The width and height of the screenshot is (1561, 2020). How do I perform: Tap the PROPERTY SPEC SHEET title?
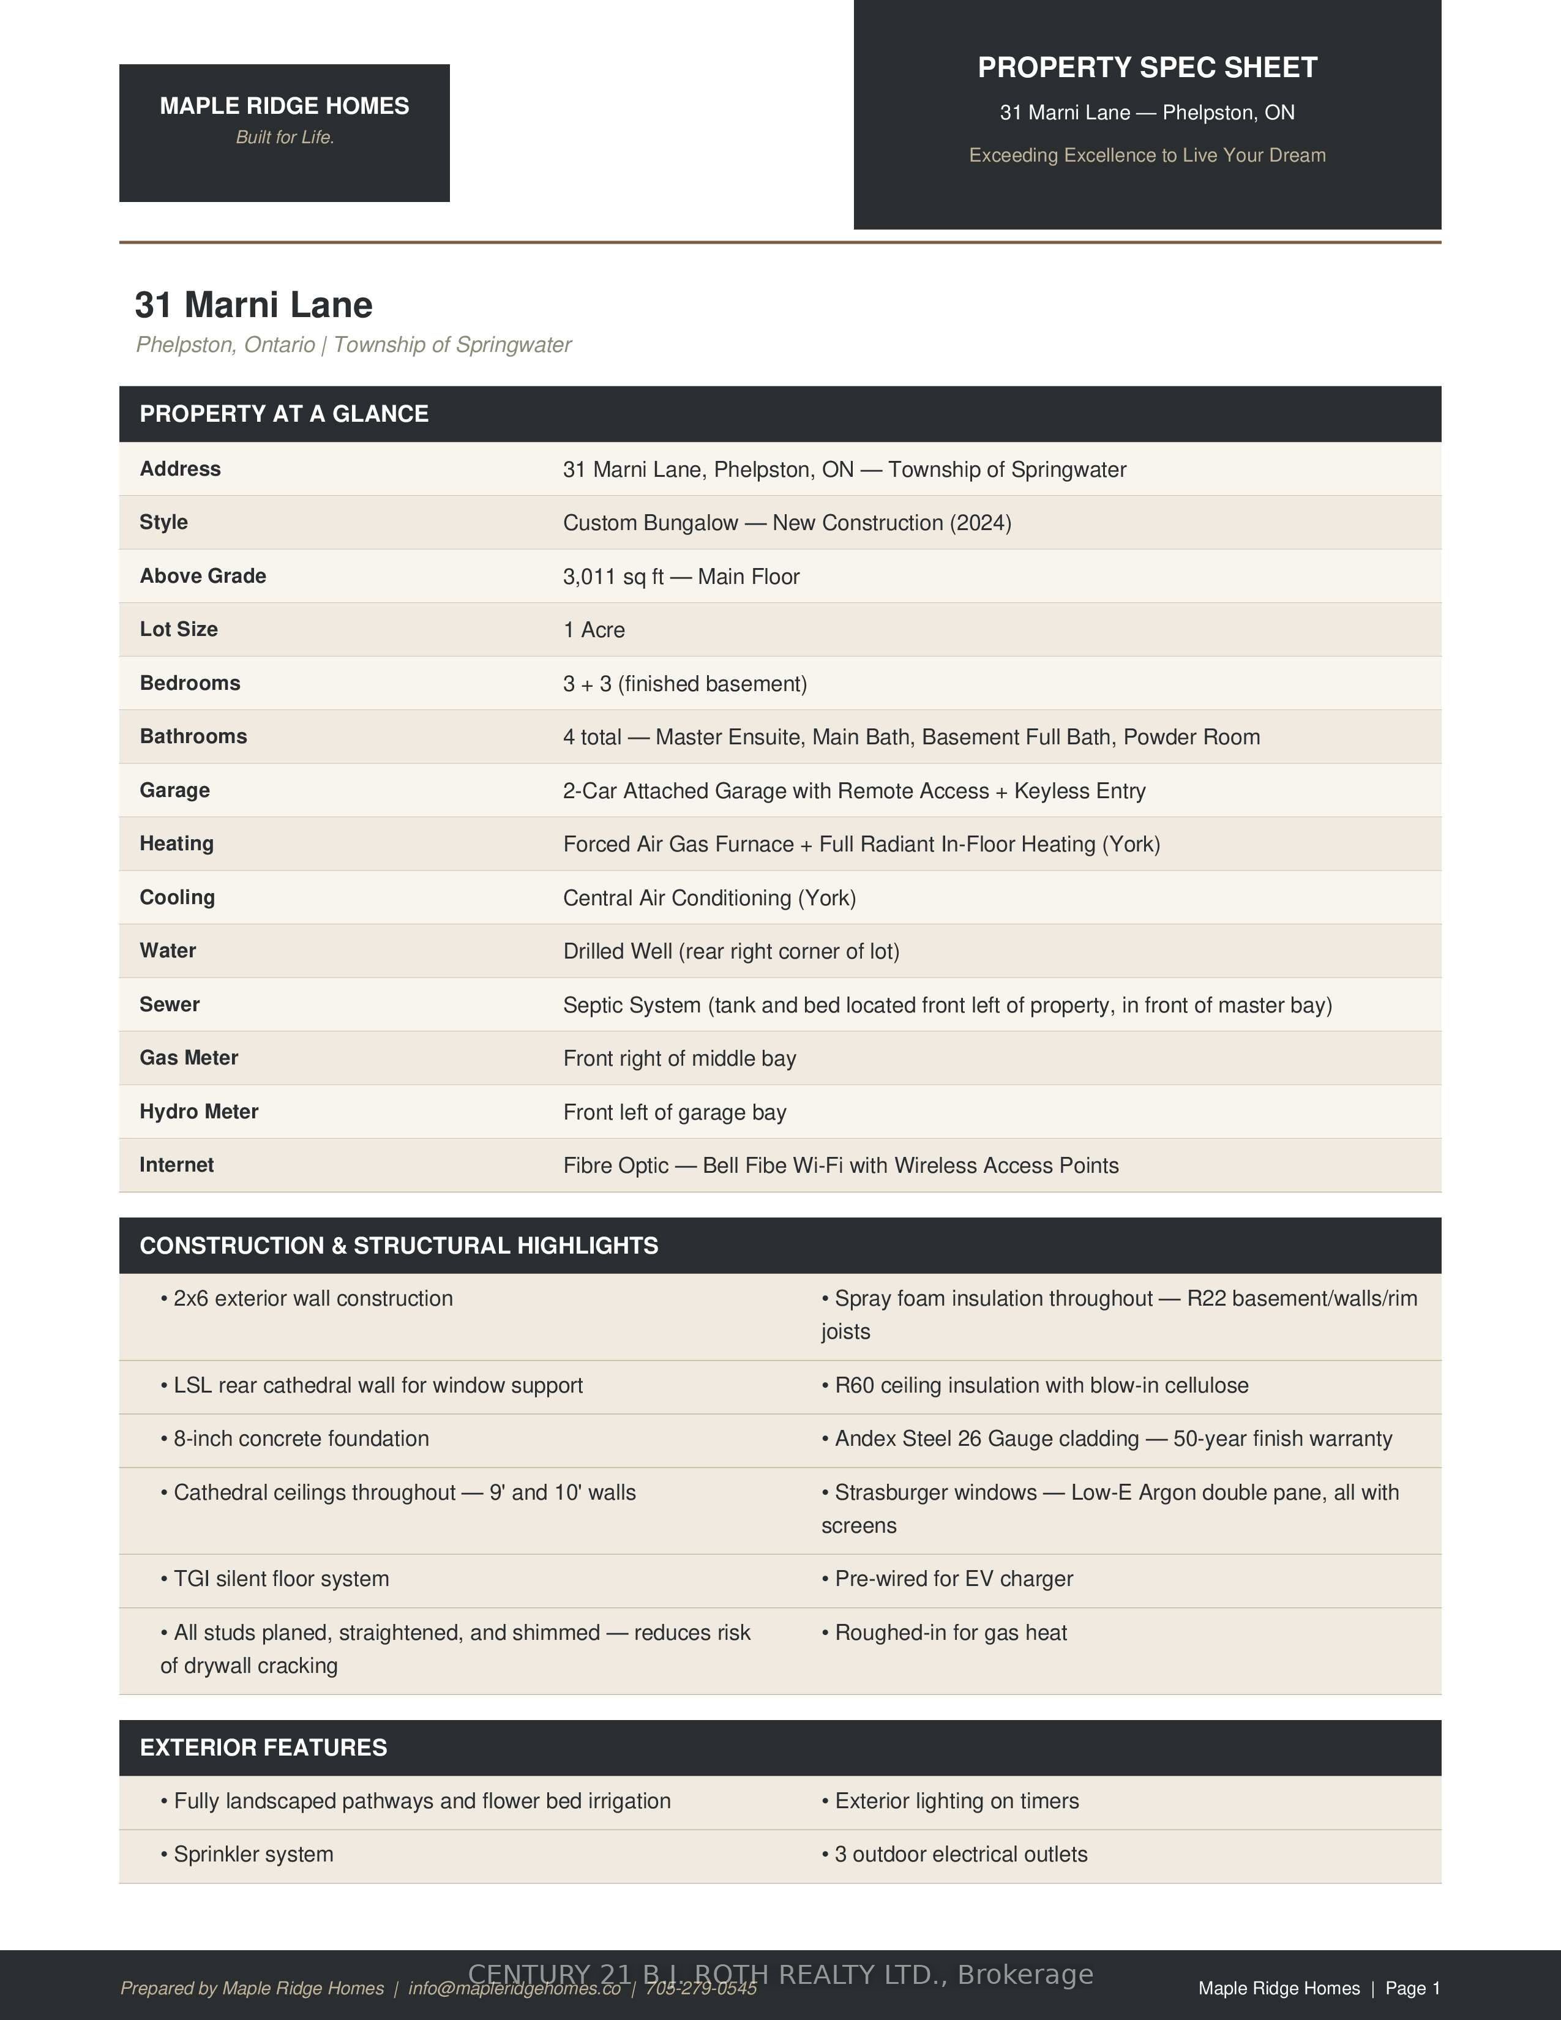pos(1147,67)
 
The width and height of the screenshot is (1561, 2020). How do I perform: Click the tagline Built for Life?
pos(284,138)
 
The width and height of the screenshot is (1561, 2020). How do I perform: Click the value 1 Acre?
pos(594,630)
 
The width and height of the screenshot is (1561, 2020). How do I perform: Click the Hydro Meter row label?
pos(199,1112)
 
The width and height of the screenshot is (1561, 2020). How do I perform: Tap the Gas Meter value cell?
pos(679,1058)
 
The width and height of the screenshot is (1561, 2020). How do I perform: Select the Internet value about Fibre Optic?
pos(840,1165)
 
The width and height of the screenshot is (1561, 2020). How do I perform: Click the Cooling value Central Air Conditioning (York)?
pos(709,898)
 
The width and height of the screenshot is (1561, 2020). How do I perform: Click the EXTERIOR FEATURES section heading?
pos(264,1747)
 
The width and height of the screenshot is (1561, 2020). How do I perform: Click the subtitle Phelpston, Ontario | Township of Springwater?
pos(353,345)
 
